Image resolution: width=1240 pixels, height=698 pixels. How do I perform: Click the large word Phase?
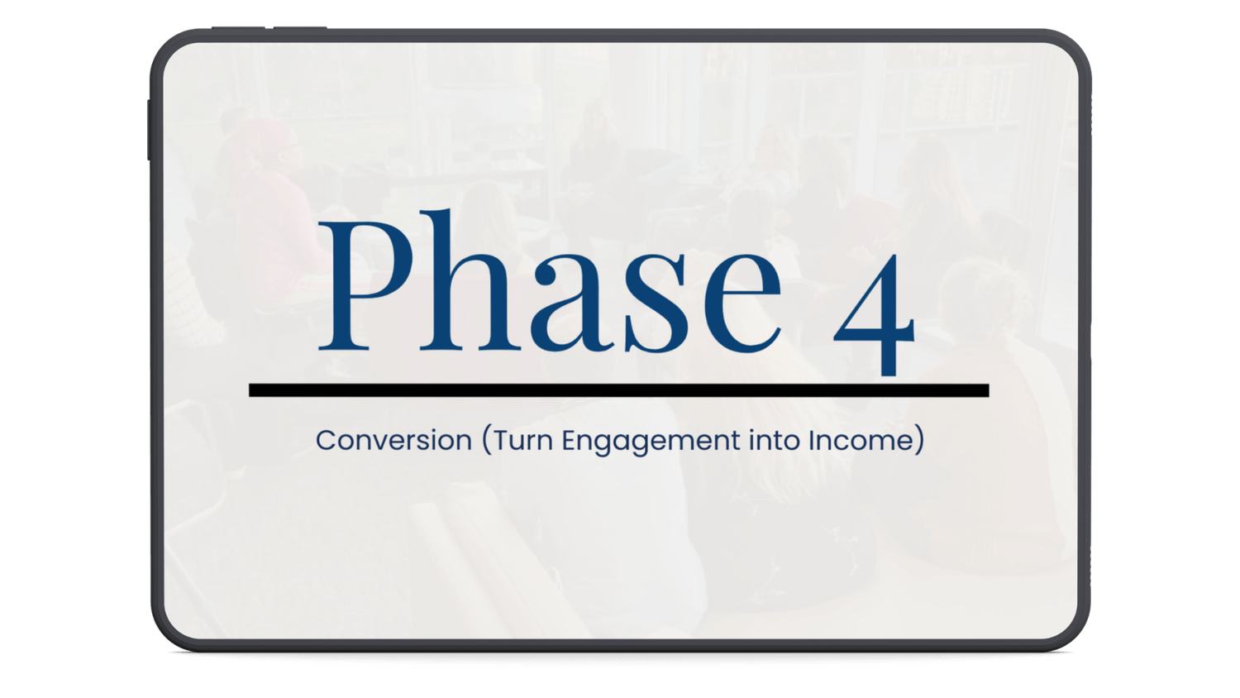[x=550, y=281]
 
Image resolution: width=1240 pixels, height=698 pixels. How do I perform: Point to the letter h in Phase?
[x=470, y=280]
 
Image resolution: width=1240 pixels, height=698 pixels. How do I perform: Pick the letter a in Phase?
[x=573, y=302]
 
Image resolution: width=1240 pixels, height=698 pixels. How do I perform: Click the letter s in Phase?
[x=656, y=303]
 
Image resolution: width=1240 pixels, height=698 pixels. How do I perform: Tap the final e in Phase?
[x=742, y=303]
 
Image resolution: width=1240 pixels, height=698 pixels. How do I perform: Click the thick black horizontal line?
[x=619, y=390]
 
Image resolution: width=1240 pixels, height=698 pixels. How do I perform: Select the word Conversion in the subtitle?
[x=393, y=441]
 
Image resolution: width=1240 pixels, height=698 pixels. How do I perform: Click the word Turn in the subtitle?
[x=523, y=441]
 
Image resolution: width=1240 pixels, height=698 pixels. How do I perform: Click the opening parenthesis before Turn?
[x=487, y=442]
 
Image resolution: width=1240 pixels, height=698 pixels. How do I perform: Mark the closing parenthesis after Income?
[x=919, y=442]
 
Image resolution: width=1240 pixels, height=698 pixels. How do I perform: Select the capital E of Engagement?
[x=570, y=441]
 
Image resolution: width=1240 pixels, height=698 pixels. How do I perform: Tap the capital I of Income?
[x=811, y=441]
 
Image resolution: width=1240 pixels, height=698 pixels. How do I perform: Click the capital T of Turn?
[x=502, y=441]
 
